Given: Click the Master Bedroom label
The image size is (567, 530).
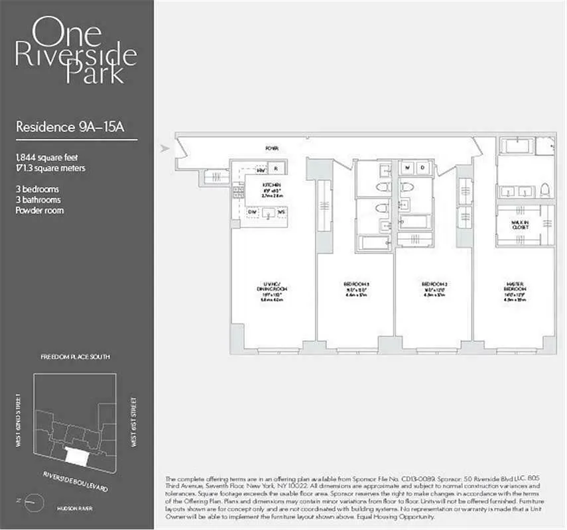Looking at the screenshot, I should [515, 290].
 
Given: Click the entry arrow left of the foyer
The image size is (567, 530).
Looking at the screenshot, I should [166, 148].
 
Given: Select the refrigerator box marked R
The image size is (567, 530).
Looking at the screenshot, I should [277, 168].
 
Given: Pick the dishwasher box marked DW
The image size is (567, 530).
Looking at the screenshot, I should [253, 212].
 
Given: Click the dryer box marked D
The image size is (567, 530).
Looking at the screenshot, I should [422, 167].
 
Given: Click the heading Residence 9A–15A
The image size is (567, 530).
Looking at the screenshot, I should [70, 127].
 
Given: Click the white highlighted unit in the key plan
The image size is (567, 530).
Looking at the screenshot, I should [78, 455].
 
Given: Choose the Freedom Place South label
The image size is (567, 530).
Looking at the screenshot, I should [76, 357].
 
